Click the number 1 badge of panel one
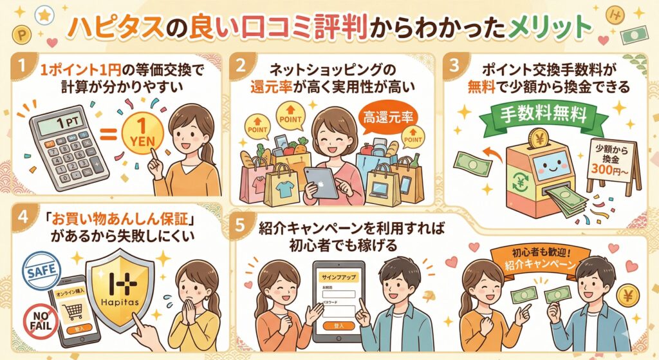point(24,67)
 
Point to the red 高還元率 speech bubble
point(386,118)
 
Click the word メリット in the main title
point(555,26)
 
